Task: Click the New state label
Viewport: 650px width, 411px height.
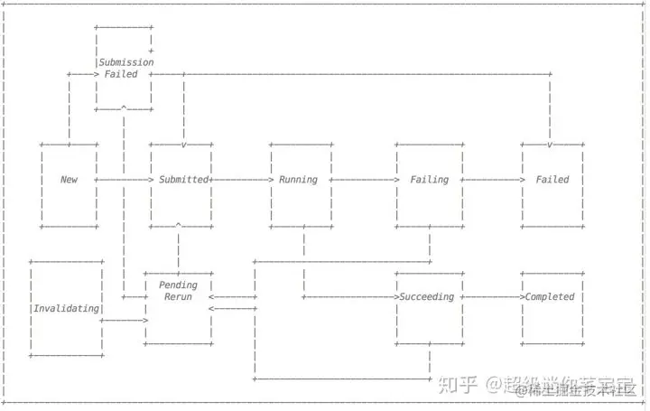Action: point(69,180)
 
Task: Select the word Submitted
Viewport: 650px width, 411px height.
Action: point(183,180)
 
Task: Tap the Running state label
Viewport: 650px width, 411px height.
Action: point(298,180)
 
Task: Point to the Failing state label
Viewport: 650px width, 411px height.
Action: point(429,180)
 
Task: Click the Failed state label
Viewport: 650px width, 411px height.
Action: point(552,180)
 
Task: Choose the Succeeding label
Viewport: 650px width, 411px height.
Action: point(427,297)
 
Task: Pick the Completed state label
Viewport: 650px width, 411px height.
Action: point(550,297)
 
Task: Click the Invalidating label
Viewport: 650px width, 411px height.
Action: point(66,309)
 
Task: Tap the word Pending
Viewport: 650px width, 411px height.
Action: point(178,285)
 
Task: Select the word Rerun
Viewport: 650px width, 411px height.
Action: point(178,297)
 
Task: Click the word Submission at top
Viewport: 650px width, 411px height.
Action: point(126,62)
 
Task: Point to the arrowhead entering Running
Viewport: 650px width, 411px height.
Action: point(269,180)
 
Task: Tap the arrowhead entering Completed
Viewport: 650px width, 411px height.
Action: point(522,297)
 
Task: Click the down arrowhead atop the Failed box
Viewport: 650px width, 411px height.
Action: point(550,145)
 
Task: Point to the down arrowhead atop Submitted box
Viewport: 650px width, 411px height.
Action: point(183,145)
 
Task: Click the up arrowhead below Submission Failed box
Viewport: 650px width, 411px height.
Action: point(124,108)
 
